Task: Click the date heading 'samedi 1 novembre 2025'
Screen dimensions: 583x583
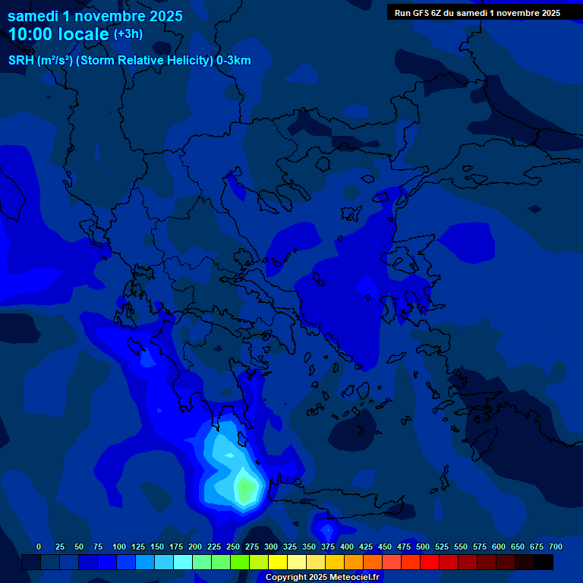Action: pyautogui.click(x=95, y=16)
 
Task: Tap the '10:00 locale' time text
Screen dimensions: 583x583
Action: pyautogui.click(x=58, y=34)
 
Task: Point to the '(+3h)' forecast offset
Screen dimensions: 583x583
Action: pyautogui.click(x=128, y=34)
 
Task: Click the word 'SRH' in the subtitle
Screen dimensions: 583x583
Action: pyautogui.click(x=20, y=61)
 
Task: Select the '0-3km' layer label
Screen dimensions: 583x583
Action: pyautogui.click(x=233, y=61)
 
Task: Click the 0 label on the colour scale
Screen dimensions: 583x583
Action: pyautogui.click(x=39, y=547)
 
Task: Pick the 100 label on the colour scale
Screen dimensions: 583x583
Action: pyautogui.click(x=118, y=547)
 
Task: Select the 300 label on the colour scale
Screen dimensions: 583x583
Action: pyautogui.click(x=270, y=547)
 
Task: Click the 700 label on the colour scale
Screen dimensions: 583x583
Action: pyautogui.click(x=555, y=547)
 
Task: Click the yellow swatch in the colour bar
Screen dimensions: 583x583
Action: pyautogui.click(x=278, y=563)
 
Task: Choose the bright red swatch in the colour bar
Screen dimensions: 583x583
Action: pyautogui.click(x=430, y=563)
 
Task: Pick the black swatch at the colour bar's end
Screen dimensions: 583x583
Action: pyautogui.click(x=544, y=563)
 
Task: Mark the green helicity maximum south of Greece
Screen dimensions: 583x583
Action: pyautogui.click(x=244, y=487)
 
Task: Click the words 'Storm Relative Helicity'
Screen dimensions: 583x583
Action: pyautogui.click(x=144, y=61)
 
